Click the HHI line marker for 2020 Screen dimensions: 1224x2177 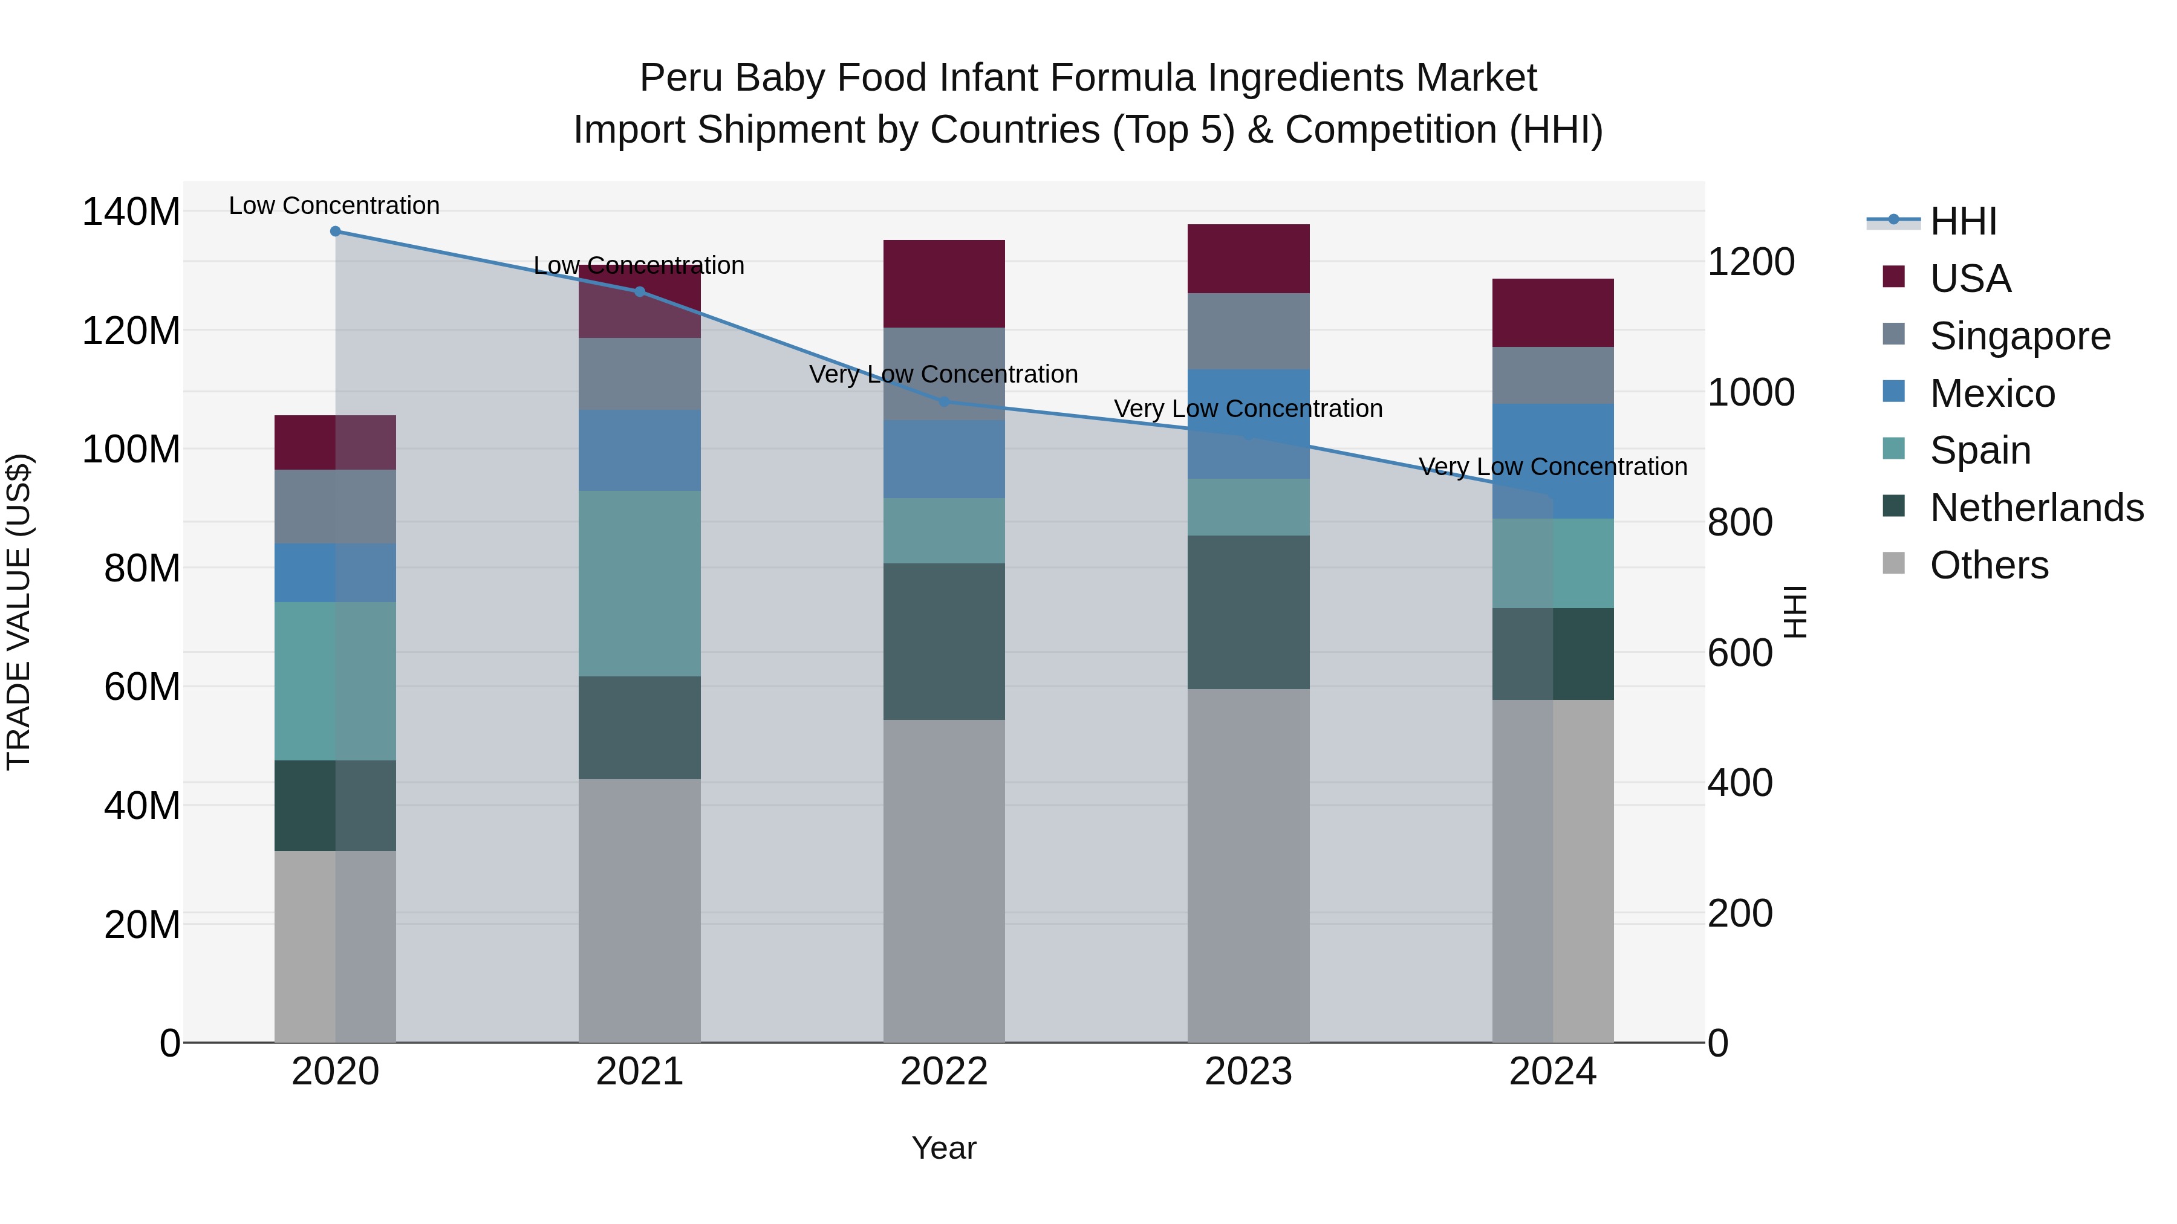coord(336,232)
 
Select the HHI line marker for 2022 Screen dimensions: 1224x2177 coord(944,401)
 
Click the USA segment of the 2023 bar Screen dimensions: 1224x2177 coord(1248,259)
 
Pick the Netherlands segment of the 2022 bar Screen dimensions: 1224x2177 coord(944,641)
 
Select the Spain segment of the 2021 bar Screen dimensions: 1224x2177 coord(640,583)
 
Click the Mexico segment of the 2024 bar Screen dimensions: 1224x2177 coord(1554,461)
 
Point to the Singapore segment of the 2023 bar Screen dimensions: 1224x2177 coord(1248,331)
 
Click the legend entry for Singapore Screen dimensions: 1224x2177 coord(2019,336)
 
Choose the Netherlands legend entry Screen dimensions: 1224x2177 coord(2036,508)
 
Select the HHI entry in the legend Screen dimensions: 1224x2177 coord(1962,221)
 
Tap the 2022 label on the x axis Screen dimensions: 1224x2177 coord(944,1072)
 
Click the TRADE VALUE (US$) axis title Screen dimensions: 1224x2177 coord(19,612)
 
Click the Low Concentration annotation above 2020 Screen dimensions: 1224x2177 coord(334,206)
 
